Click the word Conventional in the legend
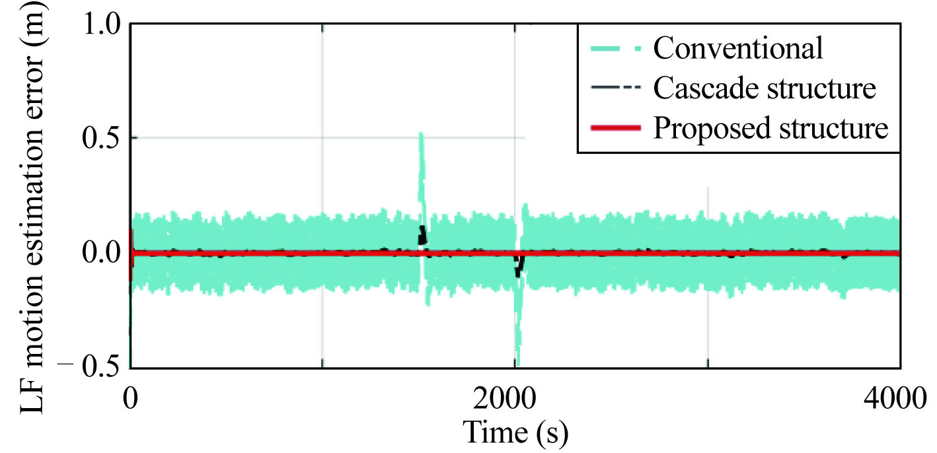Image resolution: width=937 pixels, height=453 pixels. pyautogui.click(x=738, y=48)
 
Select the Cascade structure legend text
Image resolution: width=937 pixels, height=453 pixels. pyautogui.click(x=765, y=88)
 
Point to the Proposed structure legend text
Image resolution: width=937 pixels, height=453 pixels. pyautogui.click(x=770, y=128)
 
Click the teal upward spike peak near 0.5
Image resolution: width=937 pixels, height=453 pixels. pyautogui.click(x=421, y=135)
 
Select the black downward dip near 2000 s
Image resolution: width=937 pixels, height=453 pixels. pyautogui.click(x=519, y=267)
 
